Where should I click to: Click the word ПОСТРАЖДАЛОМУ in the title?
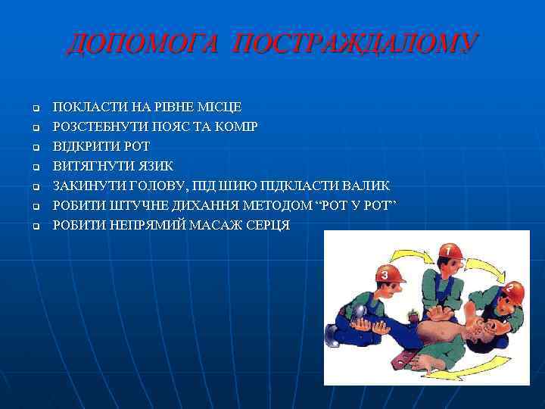[356, 43]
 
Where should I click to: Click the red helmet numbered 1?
[449, 251]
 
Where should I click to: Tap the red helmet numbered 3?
[388, 274]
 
